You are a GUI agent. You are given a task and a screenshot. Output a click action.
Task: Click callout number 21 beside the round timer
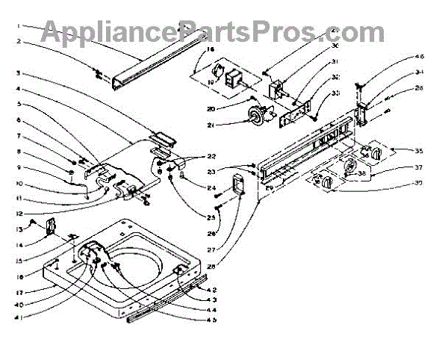point(190,125)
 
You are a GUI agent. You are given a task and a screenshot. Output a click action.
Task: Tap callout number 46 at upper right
point(420,57)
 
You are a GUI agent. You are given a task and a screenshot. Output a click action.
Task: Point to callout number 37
point(420,167)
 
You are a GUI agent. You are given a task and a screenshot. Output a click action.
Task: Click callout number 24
point(212,187)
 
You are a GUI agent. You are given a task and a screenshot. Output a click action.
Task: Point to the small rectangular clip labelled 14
point(52,226)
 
